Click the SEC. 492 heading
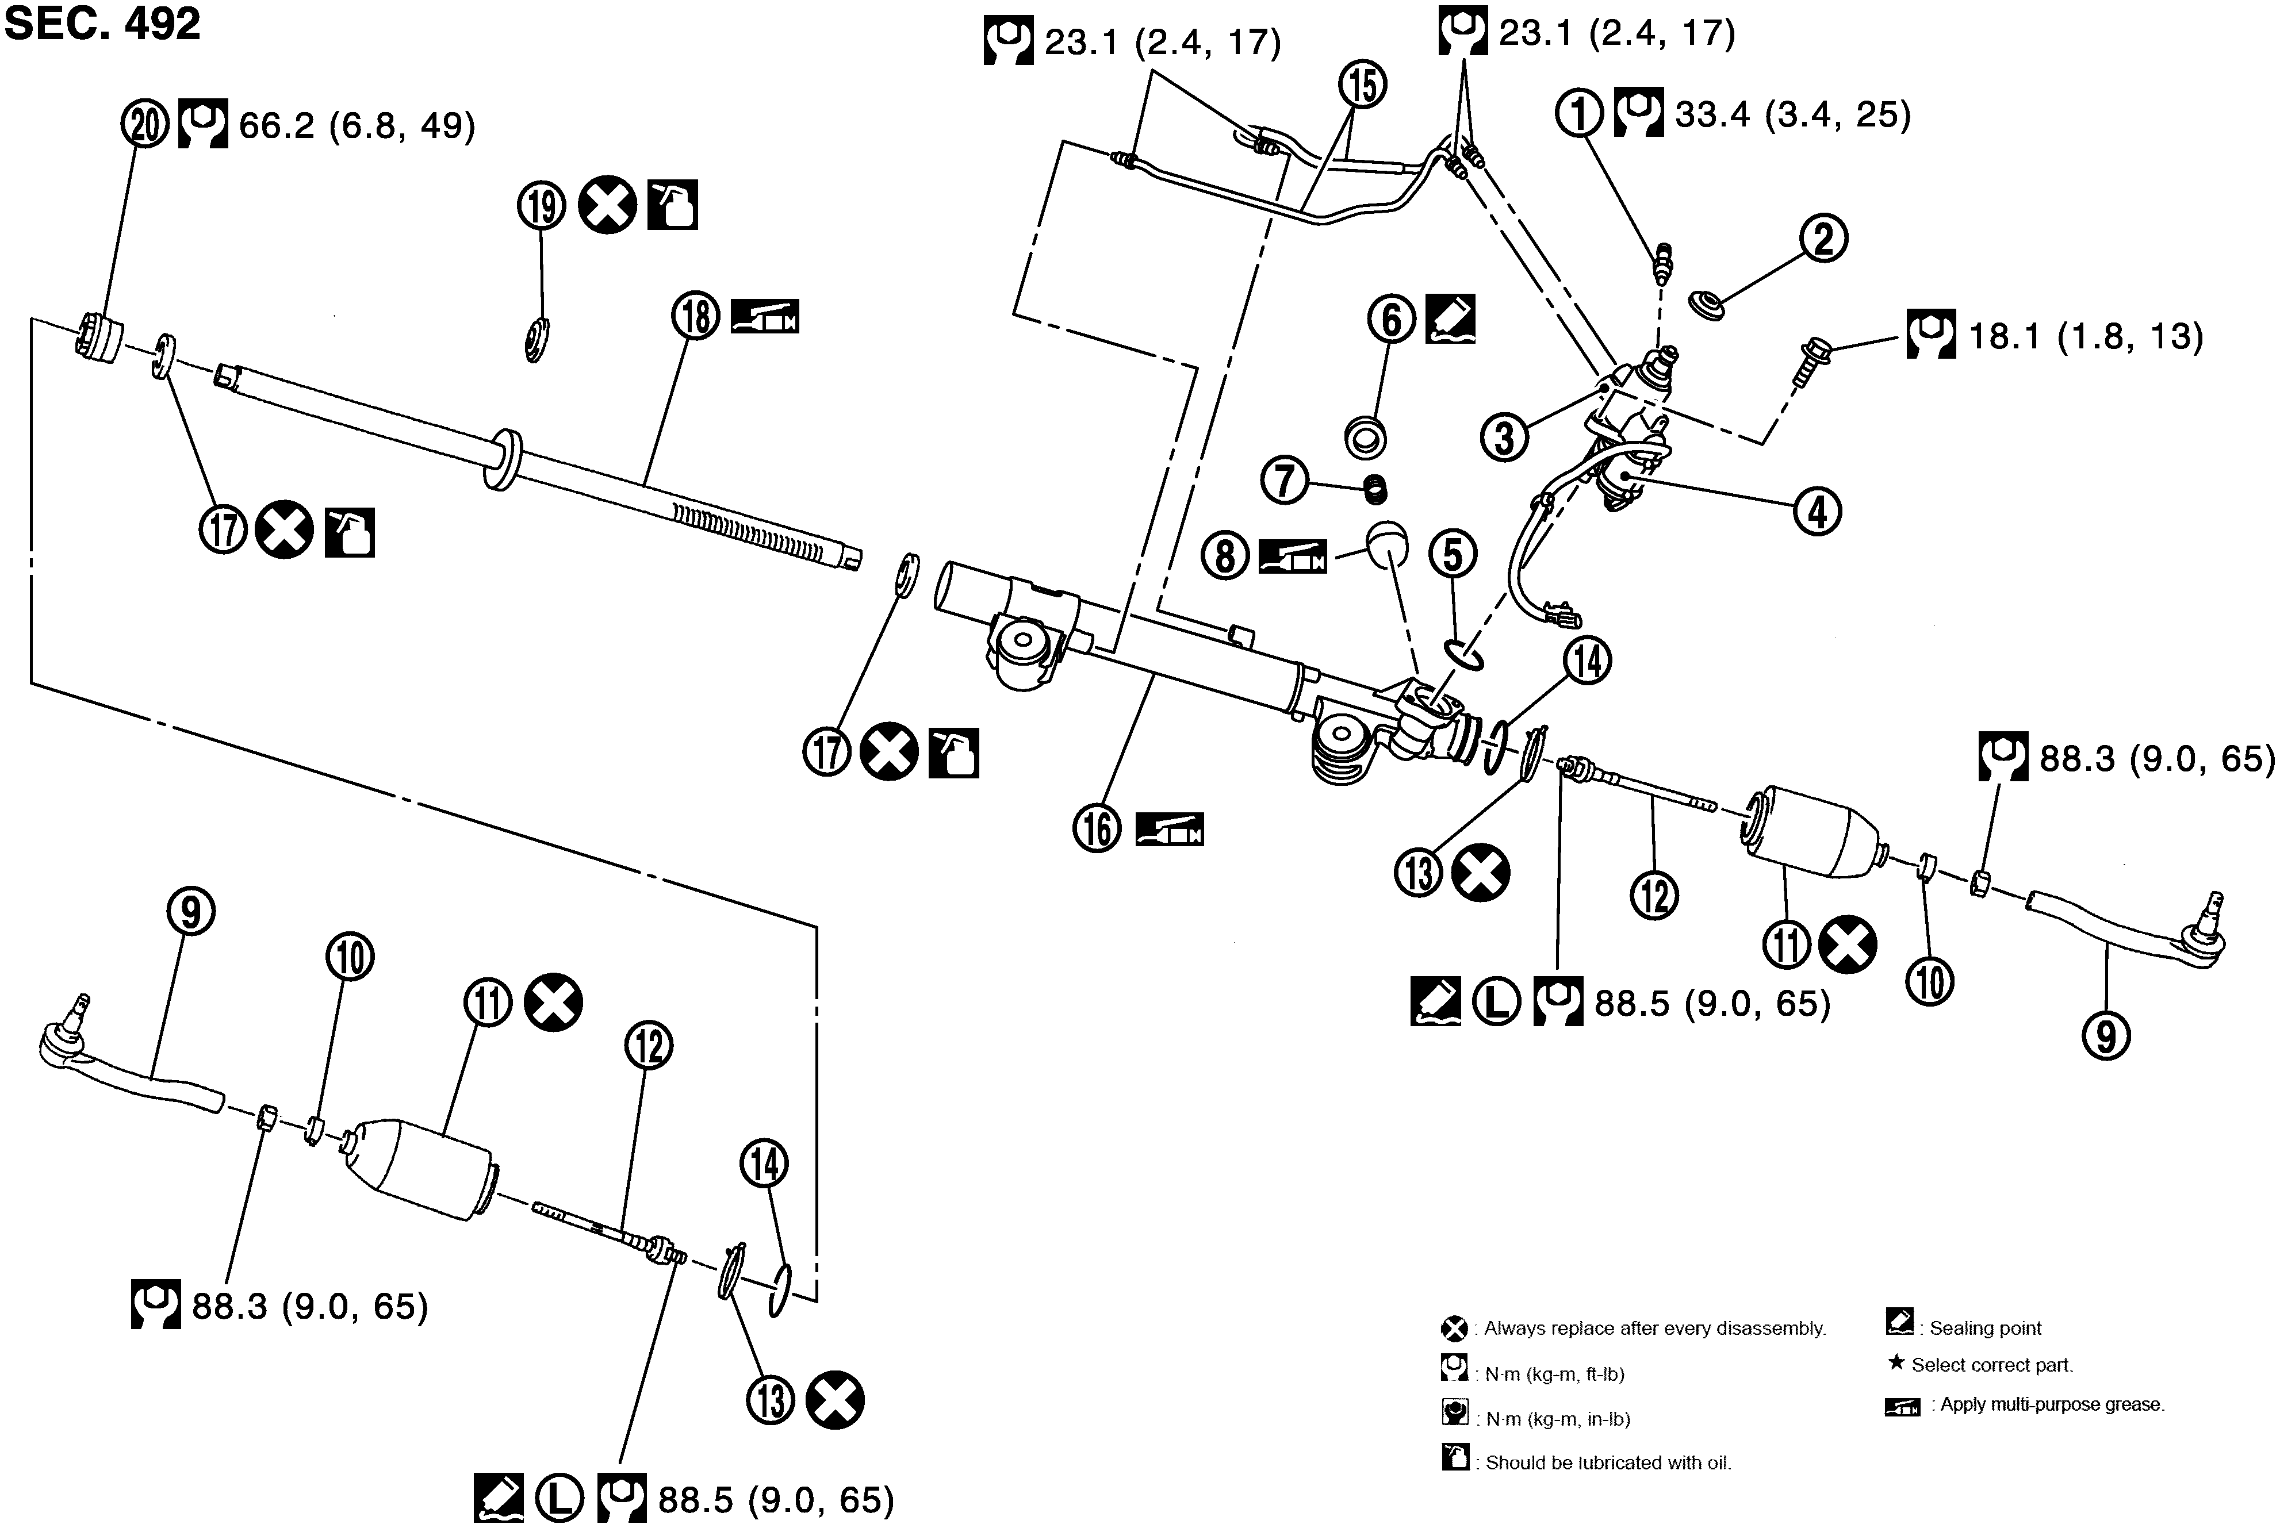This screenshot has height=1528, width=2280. click(102, 24)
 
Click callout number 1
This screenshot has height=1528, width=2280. click(1579, 114)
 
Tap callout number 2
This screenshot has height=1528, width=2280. click(1824, 239)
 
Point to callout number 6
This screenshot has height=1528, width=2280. click(1391, 318)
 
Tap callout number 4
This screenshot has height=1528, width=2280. click(1818, 510)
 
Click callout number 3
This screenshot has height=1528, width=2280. click(1505, 436)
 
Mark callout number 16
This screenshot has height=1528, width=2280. click(1098, 828)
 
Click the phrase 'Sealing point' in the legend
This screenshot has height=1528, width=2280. click(1984, 1328)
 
